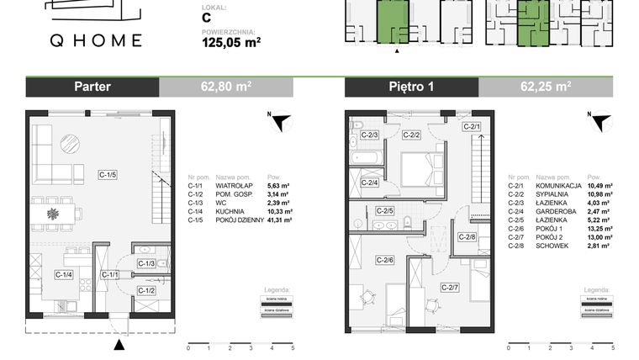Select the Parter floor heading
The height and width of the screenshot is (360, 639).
pos(92,87)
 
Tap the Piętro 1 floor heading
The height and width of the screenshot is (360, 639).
pos(411,87)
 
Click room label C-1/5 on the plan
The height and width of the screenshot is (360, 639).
pos(107,174)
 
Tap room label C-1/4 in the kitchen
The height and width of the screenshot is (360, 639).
pos(63,274)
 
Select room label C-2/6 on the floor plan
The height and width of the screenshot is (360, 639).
pos(385,260)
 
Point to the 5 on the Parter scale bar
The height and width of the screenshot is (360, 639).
pos(293,347)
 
